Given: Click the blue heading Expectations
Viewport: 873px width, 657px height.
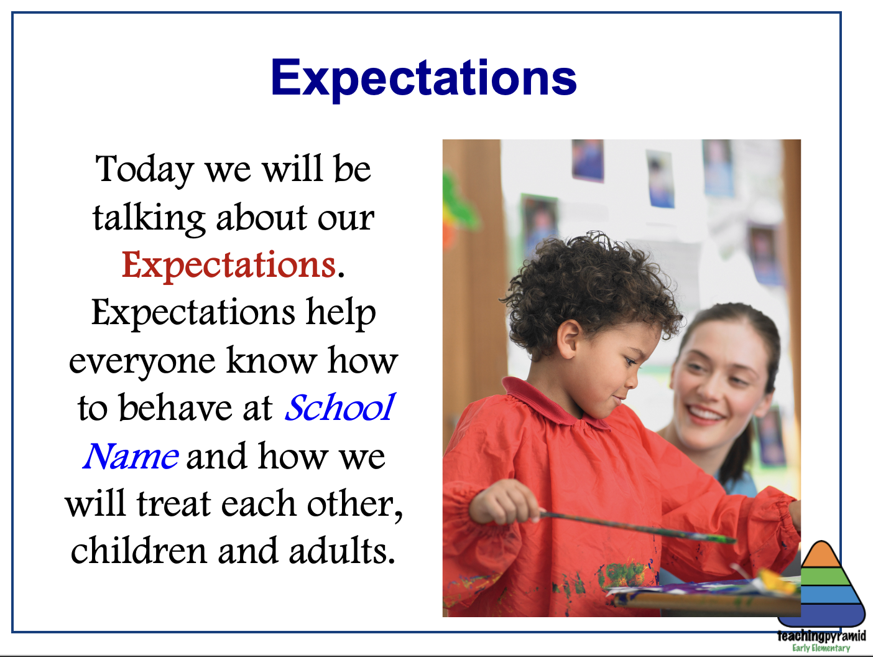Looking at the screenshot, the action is click(x=423, y=78).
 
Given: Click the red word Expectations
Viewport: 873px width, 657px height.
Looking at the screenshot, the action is click(x=229, y=266).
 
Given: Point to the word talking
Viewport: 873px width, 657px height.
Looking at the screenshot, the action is click(x=149, y=218).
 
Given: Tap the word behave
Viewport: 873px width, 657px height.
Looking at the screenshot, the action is click(x=175, y=408).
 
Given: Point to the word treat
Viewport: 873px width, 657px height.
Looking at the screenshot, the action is click(x=173, y=503).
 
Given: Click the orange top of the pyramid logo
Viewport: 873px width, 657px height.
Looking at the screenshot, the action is click(x=821, y=554).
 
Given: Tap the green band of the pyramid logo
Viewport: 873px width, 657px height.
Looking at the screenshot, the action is click(x=821, y=577).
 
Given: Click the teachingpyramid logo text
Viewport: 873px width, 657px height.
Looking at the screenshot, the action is click(x=821, y=636).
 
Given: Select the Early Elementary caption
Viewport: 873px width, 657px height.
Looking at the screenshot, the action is click(x=821, y=648).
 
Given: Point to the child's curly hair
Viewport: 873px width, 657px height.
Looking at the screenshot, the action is click(x=589, y=287).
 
